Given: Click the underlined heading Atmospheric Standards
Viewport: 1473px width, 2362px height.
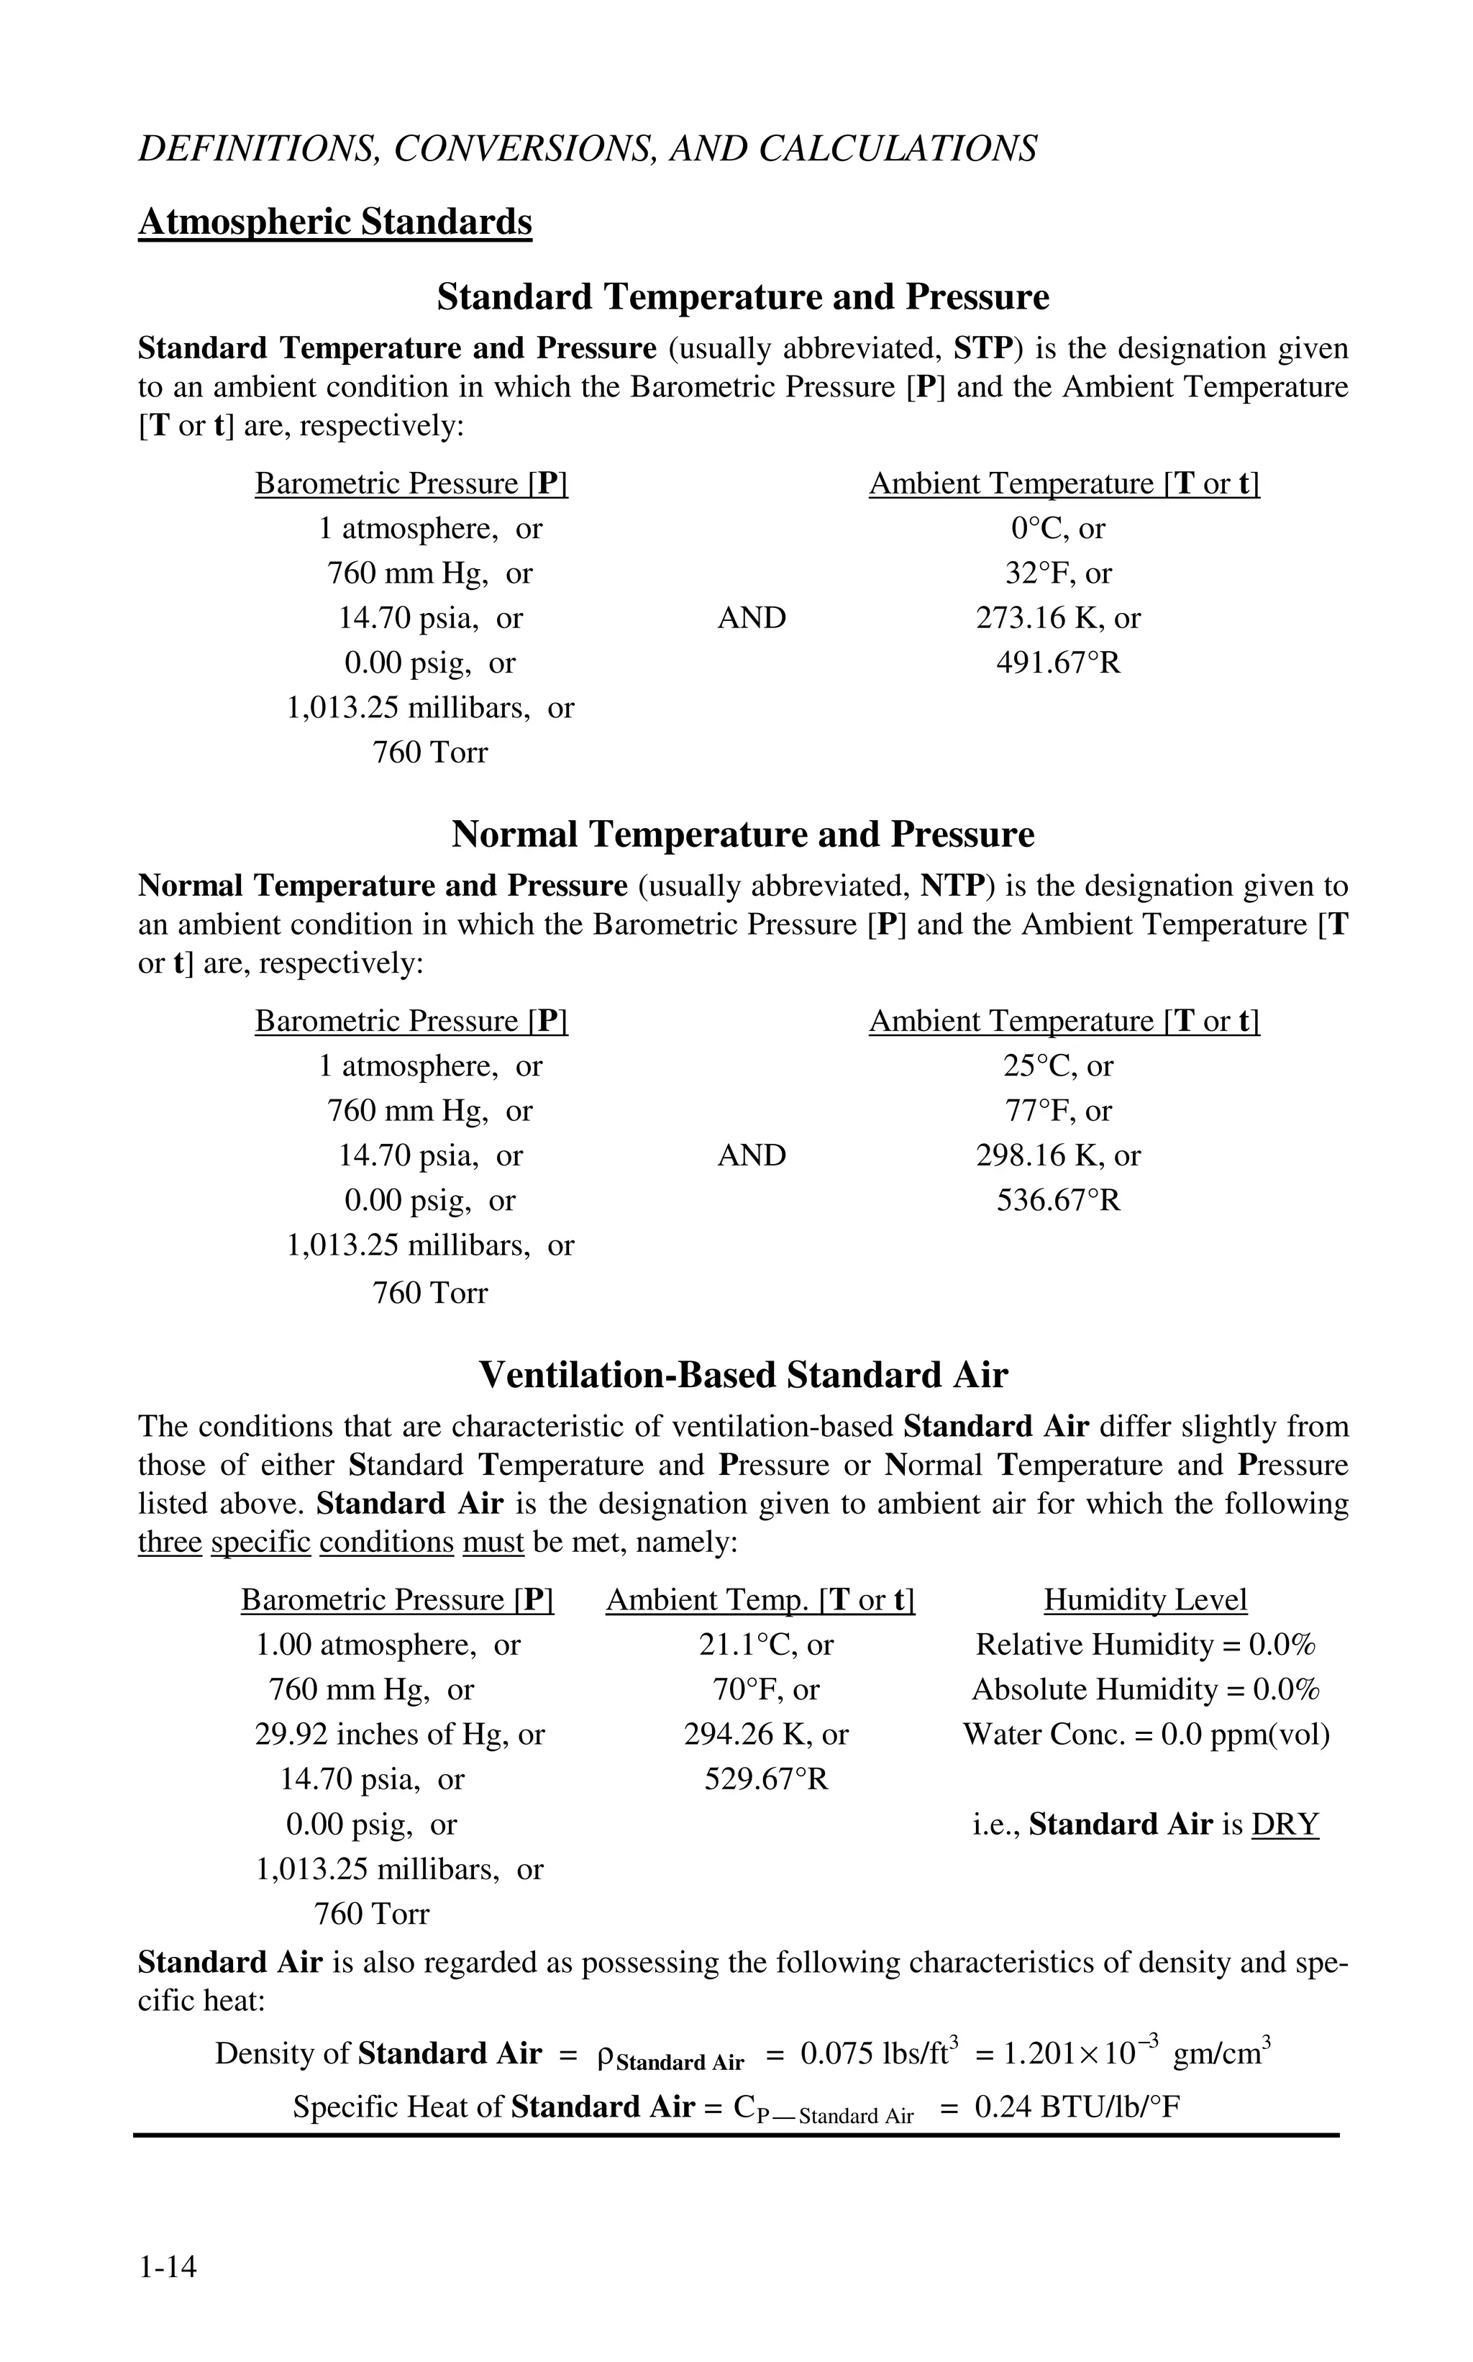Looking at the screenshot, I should [335, 222].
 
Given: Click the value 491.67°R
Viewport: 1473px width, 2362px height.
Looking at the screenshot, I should [1058, 663].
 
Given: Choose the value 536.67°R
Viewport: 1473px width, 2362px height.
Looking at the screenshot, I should [1058, 1201].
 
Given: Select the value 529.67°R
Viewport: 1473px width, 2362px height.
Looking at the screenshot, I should [766, 1779].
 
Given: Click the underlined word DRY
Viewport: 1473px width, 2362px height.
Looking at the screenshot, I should [1285, 1824].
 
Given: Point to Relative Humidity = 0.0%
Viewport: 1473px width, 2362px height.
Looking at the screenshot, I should [1146, 1645].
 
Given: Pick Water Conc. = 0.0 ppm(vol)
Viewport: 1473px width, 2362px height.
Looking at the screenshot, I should [1146, 1735].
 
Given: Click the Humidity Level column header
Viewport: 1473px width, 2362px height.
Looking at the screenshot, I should [1145, 1600].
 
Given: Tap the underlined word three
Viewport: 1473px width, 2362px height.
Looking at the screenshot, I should [170, 1543].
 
